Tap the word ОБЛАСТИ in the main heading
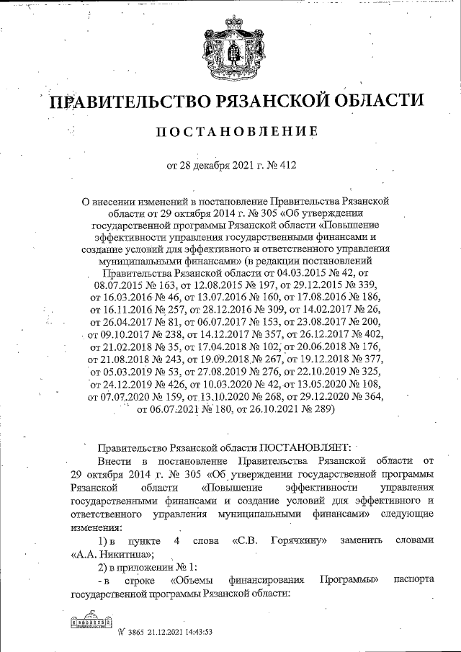tap(377, 102)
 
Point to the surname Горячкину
tap(301, 540)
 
